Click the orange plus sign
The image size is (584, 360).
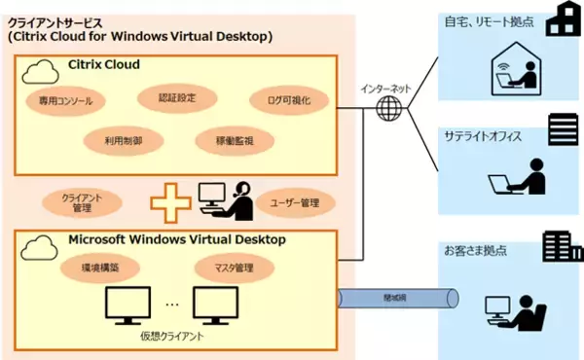(171, 201)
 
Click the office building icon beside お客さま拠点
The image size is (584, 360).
(560, 245)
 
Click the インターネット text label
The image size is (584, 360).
(385, 87)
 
